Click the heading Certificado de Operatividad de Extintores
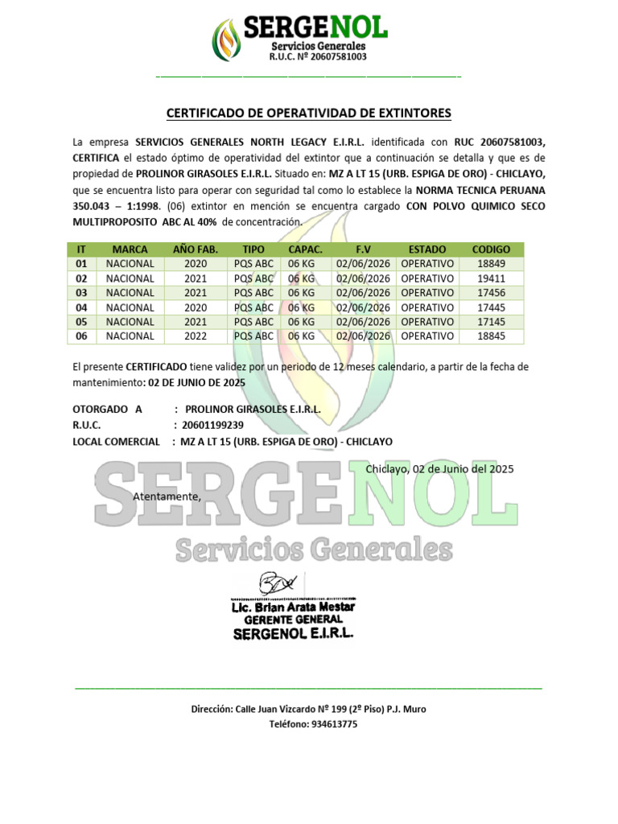pyautogui.click(x=308, y=113)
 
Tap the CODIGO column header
pyautogui.click(x=491, y=249)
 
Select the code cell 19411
pyautogui.click(x=491, y=278)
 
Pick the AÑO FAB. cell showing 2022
pyautogui.click(x=196, y=336)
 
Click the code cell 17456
pyautogui.click(x=491, y=293)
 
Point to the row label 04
pyautogui.click(x=80, y=307)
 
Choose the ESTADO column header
pyautogui.click(x=427, y=249)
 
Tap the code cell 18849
pyautogui.click(x=491, y=264)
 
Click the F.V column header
pyautogui.click(x=363, y=249)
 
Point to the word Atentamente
pyautogui.click(x=167, y=496)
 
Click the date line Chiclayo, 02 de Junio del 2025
pyautogui.click(x=439, y=468)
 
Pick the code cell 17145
pyautogui.click(x=491, y=322)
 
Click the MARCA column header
pyautogui.click(x=130, y=249)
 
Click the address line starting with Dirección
pyautogui.click(x=309, y=709)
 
